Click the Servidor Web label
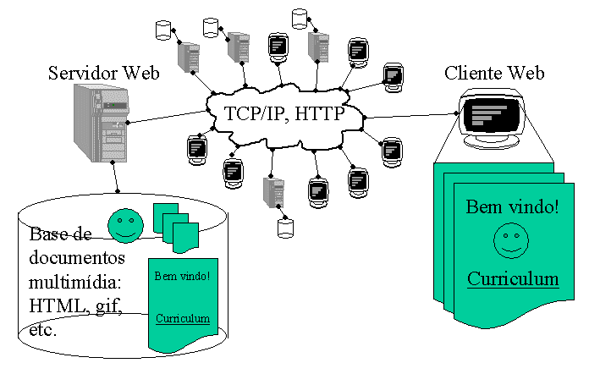(x=103, y=72)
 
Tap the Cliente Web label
(x=495, y=74)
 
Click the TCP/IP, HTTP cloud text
(x=284, y=113)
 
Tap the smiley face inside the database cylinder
(x=125, y=224)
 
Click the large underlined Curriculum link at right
(x=513, y=279)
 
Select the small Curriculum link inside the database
(x=183, y=318)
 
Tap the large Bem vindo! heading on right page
(x=513, y=207)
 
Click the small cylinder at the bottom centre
(x=285, y=228)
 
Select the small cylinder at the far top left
(x=163, y=30)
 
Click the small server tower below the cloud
(x=272, y=190)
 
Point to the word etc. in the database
(x=42, y=328)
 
